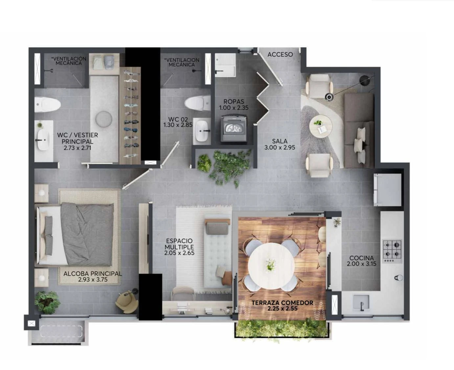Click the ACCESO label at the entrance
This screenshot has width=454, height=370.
point(280,55)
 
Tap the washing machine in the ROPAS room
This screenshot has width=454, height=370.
point(234,129)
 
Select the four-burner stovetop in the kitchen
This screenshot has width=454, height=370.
point(392,251)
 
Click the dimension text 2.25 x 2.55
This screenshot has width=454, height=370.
point(283,308)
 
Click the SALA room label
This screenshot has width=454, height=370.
point(280,141)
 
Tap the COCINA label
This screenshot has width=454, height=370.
point(361,258)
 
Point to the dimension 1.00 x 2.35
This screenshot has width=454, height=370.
point(234,108)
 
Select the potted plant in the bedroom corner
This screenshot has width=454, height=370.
point(47,302)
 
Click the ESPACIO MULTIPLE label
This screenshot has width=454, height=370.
point(179,244)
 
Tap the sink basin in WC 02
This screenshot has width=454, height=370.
point(202,131)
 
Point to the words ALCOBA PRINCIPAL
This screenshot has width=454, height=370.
point(93,274)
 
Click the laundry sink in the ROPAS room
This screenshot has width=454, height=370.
point(225,65)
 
